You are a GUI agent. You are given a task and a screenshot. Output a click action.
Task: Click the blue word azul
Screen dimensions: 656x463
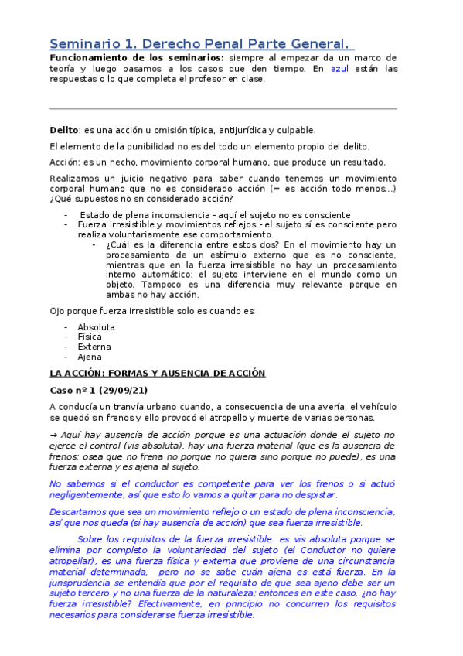339,69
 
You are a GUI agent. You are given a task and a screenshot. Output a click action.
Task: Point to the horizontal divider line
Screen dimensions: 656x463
223,108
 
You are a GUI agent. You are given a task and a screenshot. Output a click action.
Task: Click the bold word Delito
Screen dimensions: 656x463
64,131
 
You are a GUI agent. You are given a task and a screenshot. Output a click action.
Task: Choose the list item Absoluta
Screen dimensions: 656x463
96,327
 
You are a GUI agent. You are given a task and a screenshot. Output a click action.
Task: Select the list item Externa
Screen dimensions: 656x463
94,347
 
